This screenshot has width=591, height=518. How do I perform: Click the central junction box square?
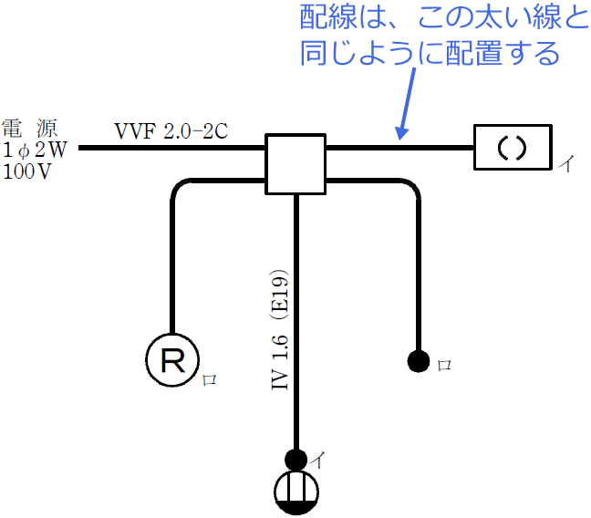(295, 164)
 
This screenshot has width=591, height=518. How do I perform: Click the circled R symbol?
(172, 362)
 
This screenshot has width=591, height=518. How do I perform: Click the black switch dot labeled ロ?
(418, 362)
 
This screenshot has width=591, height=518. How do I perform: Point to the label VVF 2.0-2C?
(171, 130)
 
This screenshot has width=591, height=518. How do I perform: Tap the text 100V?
(27, 171)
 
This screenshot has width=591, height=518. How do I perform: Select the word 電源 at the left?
(25, 129)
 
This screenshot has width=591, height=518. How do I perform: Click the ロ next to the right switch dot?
(445, 365)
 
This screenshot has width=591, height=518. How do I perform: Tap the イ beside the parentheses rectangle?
(566, 164)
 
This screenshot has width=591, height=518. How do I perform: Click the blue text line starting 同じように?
(430, 54)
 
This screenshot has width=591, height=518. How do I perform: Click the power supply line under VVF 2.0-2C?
(171, 147)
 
